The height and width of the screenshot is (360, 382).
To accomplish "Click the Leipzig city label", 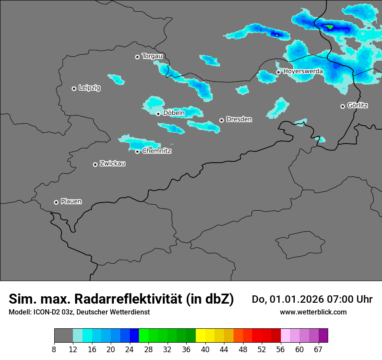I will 89,88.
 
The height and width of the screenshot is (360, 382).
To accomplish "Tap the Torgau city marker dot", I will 137,57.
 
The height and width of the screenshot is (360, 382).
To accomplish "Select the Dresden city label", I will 239,119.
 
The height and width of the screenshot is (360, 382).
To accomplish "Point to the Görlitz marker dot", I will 342,106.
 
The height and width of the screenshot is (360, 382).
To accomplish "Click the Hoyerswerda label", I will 303,71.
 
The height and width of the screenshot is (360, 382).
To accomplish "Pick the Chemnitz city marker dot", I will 137,151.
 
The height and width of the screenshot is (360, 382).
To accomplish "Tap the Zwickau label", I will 112,164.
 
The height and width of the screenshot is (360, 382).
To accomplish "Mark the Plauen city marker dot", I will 56,202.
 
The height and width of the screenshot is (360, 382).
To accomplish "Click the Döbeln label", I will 174,113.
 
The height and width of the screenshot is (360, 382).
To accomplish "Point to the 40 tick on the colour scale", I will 205,349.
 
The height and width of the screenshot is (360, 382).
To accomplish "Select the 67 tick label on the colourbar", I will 318,349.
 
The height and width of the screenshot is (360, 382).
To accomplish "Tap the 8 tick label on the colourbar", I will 54,349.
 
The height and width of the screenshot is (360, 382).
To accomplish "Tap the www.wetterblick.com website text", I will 313,312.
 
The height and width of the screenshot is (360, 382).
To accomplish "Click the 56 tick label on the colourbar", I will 280,349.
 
